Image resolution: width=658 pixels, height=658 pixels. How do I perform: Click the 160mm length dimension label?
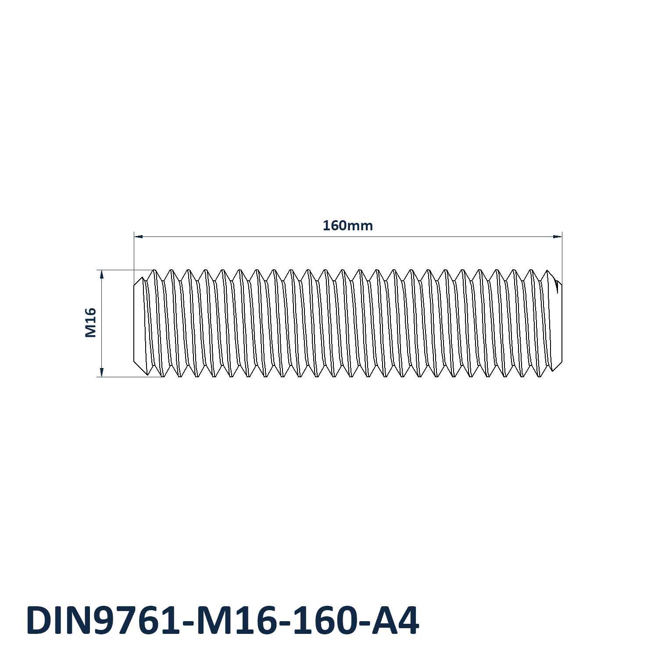[x=347, y=225]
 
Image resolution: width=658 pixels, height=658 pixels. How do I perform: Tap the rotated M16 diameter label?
[x=90, y=323]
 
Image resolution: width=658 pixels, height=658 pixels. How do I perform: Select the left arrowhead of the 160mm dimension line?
[x=139, y=236]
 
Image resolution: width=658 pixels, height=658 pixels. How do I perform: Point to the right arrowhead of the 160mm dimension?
[x=557, y=236]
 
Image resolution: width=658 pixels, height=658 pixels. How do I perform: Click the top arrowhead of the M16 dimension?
[x=102, y=275]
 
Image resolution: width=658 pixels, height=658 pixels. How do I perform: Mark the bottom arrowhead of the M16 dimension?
[x=102, y=372]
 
